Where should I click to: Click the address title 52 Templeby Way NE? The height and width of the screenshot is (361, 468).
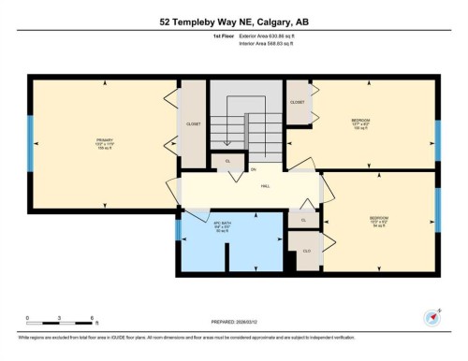(234, 22)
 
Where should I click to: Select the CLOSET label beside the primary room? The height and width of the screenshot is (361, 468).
(195, 123)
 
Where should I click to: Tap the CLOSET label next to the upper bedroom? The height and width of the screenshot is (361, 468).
(298, 102)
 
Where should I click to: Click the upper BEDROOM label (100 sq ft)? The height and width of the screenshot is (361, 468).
(360, 123)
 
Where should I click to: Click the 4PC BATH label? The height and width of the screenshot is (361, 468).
(221, 225)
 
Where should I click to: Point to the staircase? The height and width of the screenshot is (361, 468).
(245, 126)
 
